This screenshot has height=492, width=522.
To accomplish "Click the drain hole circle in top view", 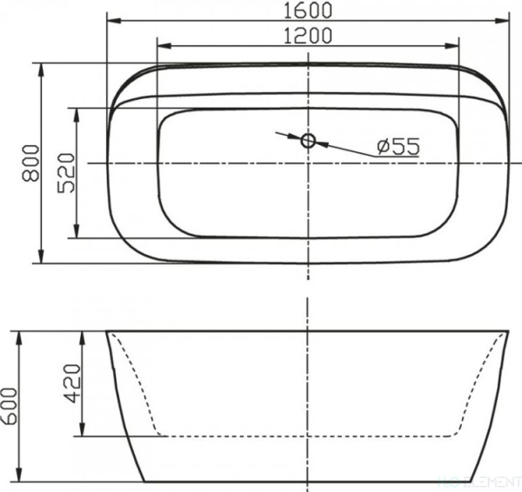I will click(x=309, y=141).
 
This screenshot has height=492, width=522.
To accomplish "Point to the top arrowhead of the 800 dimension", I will click(x=41, y=66).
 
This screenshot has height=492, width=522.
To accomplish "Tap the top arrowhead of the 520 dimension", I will click(x=78, y=111).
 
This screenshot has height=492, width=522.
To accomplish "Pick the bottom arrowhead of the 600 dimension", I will click(x=20, y=478).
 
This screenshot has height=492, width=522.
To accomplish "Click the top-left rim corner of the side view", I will click(x=108, y=331).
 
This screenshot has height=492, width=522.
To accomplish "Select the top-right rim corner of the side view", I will click(x=508, y=331).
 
